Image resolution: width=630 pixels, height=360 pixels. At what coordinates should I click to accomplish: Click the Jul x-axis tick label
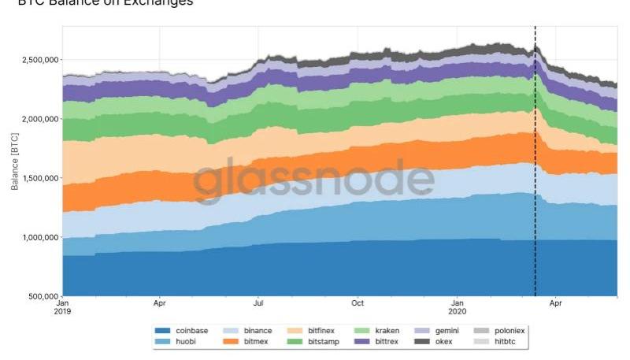(x=258, y=303)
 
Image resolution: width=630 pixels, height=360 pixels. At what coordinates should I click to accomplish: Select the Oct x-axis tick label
(x=358, y=303)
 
